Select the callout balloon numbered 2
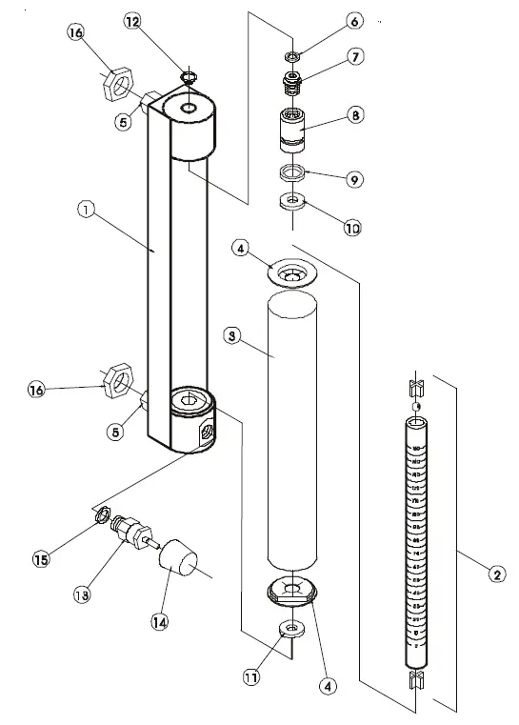[x=496, y=574]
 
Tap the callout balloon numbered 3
[x=230, y=335]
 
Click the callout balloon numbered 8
[x=353, y=114]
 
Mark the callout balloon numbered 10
[x=352, y=228]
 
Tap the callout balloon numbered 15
[x=41, y=559]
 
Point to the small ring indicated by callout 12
[x=189, y=77]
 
